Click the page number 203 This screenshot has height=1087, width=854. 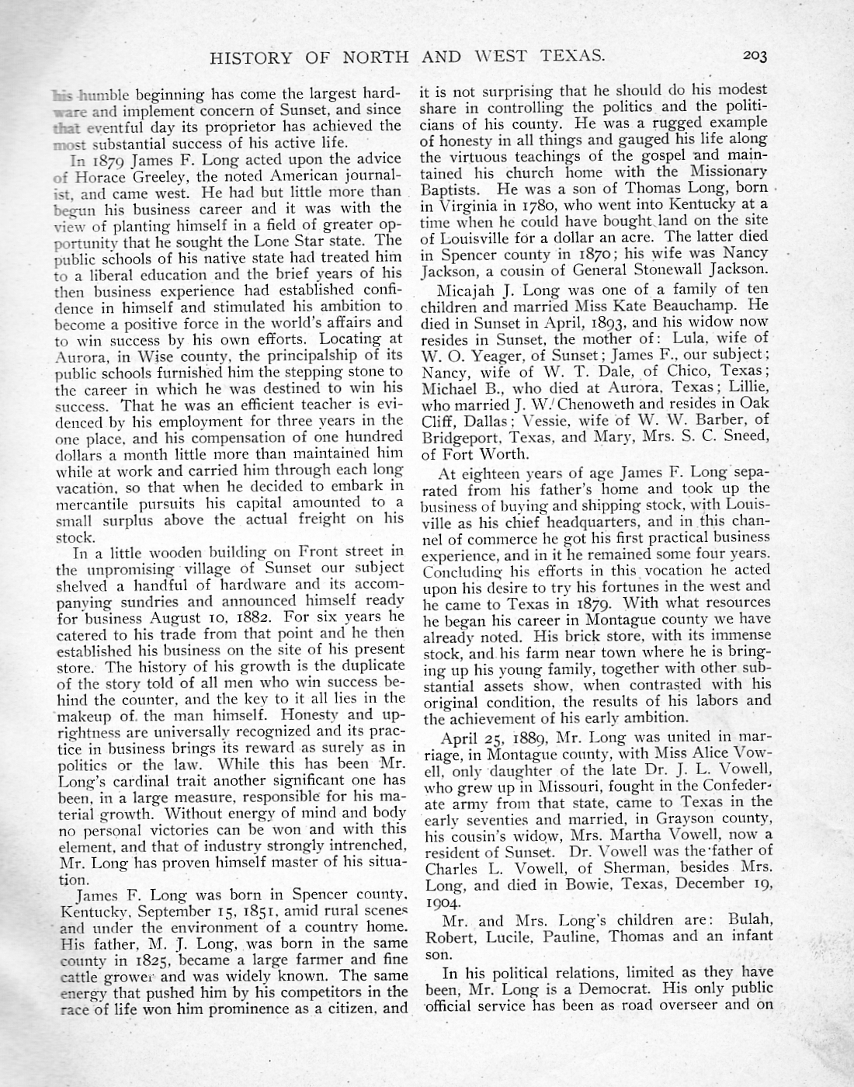point(754,56)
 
